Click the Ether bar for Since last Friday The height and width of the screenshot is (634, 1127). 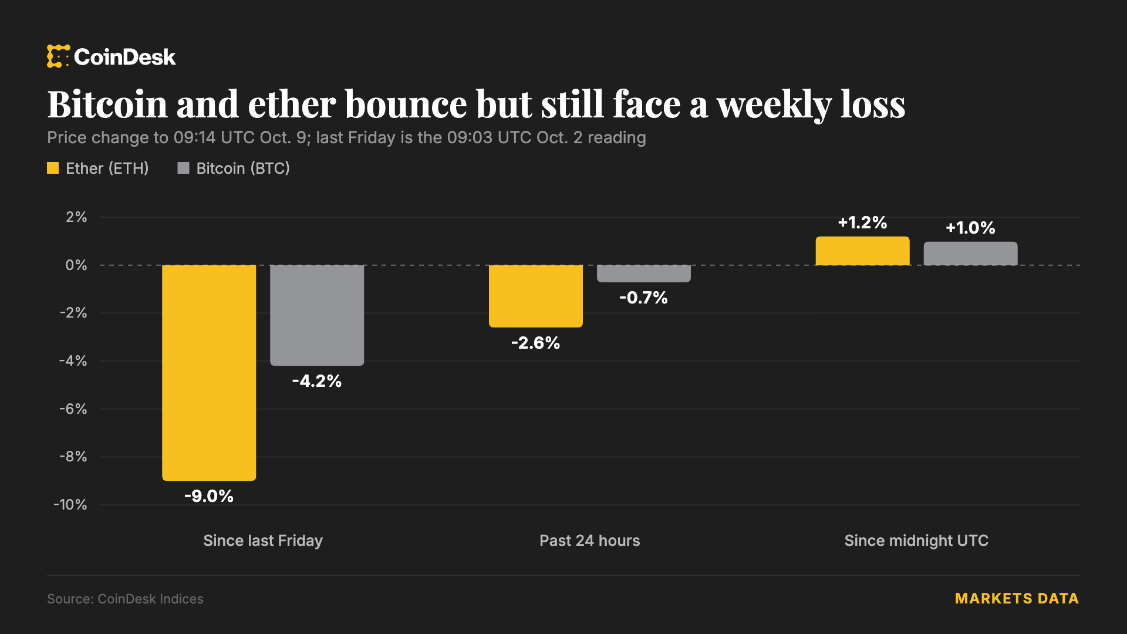click(x=209, y=373)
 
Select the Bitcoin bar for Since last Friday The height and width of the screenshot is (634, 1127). click(x=317, y=315)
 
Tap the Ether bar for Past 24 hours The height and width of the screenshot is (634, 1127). click(x=536, y=296)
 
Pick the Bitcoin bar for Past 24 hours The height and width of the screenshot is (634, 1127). click(x=644, y=274)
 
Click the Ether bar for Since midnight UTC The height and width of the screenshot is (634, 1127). click(x=862, y=251)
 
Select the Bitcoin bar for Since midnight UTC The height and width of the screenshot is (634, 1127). click(x=970, y=254)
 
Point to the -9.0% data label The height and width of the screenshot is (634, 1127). click(x=209, y=496)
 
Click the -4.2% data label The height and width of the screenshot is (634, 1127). click(x=317, y=381)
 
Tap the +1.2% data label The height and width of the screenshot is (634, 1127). click(x=862, y=222)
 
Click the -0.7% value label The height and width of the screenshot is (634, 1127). click(x=644, y=298)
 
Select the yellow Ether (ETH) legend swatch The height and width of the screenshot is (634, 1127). click(x=53, y=168)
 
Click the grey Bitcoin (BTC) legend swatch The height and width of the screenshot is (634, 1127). click(x=183, y=168)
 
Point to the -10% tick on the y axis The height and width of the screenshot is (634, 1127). click(x=70, y=505)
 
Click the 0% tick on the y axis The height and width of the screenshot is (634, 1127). click(x=76, y=265)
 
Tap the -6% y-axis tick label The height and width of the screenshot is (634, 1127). click(x=73, y=409)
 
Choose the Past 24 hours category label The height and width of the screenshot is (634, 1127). click(x=590, y=541)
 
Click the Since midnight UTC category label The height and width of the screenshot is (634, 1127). click(x=916, y=541)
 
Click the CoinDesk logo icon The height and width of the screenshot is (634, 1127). click(x=58, y=56)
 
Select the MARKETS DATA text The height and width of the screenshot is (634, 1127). click(x=1017, y=599)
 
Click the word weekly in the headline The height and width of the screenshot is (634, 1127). click(x=774, y=104)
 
